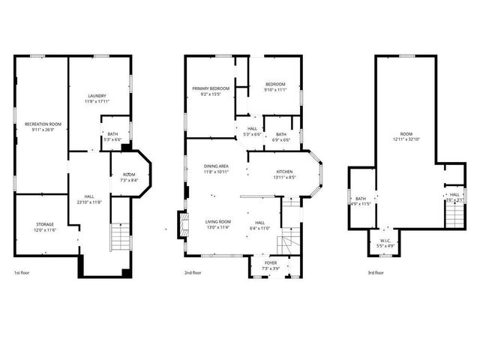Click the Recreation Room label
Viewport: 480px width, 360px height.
tap(43, 124)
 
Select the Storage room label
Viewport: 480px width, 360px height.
tap(45, 224)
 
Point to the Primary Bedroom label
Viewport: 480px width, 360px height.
tap(209, 88)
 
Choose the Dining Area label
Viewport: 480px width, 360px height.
tap(216, 166)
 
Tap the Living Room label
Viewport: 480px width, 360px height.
tap(219, 221)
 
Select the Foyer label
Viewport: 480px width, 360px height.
tap(270, 263)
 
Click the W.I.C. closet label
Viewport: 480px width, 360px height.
tap(384, 241)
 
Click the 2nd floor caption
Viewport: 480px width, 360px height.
tap(193, 273)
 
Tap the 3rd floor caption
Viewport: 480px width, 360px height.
tap(376, 273)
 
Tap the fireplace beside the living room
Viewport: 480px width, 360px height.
tap(180, 223)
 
